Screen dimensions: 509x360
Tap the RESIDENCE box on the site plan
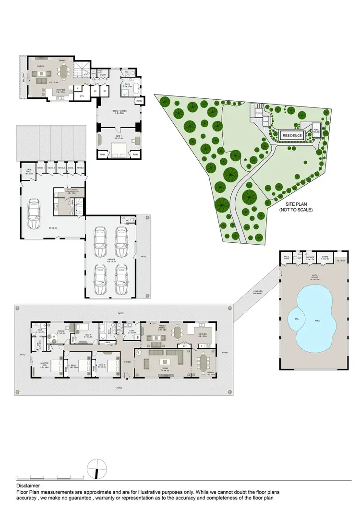click(x=292, y=136)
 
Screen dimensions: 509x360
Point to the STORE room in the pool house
click(x=325, y=258)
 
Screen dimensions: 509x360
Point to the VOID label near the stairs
click(x=85, y=75)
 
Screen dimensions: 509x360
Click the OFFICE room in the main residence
click(x=60, y=331)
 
